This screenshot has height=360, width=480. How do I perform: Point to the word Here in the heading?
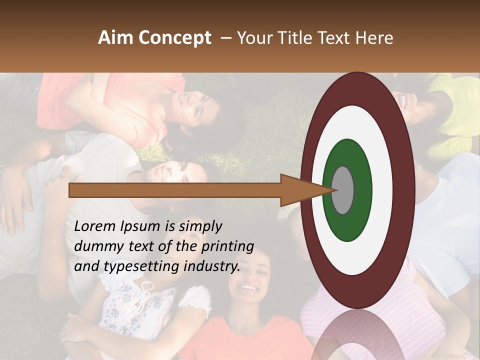[x=374, y=38]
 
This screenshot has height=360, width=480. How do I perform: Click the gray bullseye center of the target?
[x=343, y=190]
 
